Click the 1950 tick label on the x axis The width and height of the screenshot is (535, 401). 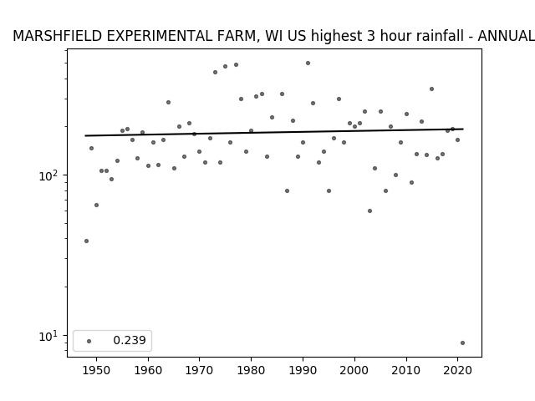[x=97, y=370]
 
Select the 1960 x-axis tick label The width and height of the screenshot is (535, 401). [x=148, y=370]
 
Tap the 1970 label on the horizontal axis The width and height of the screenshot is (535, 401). [x=199, y=370]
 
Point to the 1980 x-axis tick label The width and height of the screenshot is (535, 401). [x=251, y=370]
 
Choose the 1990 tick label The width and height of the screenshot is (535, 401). [x=303, y=370]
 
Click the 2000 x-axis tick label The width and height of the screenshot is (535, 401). [x=354, y=370]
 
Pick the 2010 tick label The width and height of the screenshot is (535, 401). [x=406, y=370]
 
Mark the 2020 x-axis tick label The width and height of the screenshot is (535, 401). [x=457, y=370]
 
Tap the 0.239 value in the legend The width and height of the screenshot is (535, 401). [x=130, y=340]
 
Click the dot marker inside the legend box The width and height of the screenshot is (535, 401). [x=89, y=341]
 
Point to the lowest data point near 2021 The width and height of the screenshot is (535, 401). [x=462, y=343]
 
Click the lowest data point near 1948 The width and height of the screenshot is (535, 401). [x=86, y=241]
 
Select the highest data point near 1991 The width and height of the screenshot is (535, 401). [x=308, y=63]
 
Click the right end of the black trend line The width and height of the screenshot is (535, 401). [x=463, y=129]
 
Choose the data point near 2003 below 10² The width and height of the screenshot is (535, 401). [x=369, y=211]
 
